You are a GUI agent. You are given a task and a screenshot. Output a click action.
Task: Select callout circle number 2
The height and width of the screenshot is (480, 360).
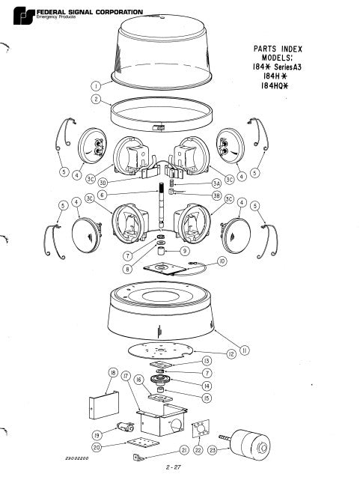point(97,100)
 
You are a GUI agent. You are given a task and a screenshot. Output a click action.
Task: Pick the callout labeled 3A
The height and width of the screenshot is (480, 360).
point(217,182)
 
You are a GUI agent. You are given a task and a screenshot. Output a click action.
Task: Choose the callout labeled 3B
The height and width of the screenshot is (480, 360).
point(219,197)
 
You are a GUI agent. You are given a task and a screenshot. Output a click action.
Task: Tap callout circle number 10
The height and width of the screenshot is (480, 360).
point(222,261)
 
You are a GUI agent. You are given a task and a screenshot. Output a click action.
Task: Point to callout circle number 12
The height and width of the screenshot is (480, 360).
point(233,352)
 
